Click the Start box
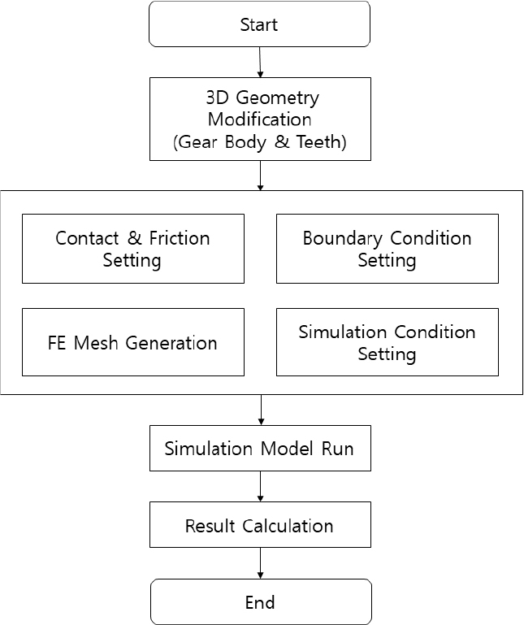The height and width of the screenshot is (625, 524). pyautogui.click(x=259, y=24)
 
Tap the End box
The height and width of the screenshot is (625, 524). pyautogui.click(x=259, y=602)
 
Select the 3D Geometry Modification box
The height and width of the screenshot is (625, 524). pyautogui.click(x=259, y=119)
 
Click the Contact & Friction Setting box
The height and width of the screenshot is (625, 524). pyautogui.click(x=132, y=249)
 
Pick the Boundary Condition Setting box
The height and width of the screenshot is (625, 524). pyautogui.click(x=387, y=249)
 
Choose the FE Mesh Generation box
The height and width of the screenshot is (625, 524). pyautogui.click(x=132, y=342)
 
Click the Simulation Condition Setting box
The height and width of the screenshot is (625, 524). pyautogui.click(x=387, y=342)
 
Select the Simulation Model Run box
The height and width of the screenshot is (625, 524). pyautogui.click(x=259, y=449)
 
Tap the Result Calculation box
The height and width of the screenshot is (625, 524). pyautogui.click(x=259, y=525)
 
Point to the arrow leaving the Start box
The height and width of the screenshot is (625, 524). pyautogui.click(x=260, y=62)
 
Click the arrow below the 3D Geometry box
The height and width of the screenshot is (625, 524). pyautogui.click(x=260, y=176)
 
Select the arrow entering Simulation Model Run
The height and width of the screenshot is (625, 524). pyautogui.click(x=260, y=410)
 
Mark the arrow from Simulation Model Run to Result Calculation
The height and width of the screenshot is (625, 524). pyautogui.click(x=260, y=486)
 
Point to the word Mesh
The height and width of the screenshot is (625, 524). pyautogui.click(x=95, y=343)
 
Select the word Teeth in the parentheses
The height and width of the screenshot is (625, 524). pyautogui.click(x=320, y=141)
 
